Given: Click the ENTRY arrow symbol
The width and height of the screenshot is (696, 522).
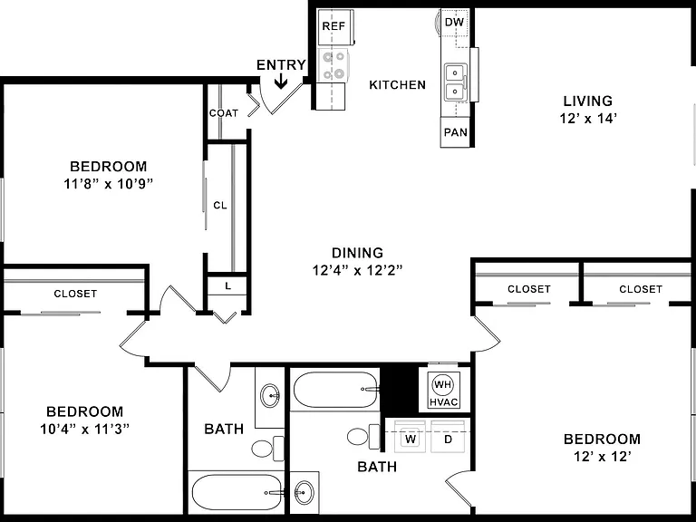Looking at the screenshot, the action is click(281, 82).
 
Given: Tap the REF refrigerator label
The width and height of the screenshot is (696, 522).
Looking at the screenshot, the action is click(333, 26).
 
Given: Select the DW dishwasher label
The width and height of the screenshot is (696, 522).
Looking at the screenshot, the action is click(454, 22).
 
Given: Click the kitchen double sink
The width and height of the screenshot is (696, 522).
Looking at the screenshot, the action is click(456, 82).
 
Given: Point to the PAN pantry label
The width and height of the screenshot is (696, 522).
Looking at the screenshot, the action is click(456, 132).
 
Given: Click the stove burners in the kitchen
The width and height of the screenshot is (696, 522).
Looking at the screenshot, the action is click(333, 65).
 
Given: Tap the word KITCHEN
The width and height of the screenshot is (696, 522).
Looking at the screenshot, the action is click(397, 85).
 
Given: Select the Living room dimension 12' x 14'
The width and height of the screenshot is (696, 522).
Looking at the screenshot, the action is click(588, 119).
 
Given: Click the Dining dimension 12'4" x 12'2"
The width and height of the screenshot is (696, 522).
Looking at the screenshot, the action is click(357, 270).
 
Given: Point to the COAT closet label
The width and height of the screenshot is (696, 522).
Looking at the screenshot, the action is click(224, 113).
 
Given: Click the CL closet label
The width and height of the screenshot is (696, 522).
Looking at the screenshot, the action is click(220, 205).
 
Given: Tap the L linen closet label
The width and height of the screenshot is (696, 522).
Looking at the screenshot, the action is click(227, 286).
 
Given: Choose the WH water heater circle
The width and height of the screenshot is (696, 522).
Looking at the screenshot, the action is click(442, 384).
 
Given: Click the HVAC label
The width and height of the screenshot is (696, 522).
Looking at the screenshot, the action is click(443, 402).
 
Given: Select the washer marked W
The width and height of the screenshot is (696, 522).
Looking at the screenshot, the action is click(411, 436).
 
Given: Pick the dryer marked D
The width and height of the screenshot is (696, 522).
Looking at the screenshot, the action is click(449, 436).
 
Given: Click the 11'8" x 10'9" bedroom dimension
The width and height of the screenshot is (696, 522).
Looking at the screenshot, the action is click(109, 184).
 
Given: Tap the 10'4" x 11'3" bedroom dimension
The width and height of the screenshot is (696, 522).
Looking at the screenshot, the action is click(84, 430).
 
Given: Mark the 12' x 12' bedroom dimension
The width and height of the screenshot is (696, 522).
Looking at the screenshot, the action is click(603, 457).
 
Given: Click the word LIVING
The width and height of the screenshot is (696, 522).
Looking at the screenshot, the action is click(588, 101).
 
